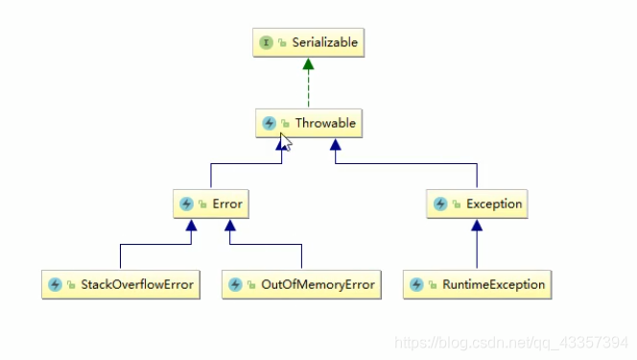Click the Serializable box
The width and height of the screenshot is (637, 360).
point(308,43)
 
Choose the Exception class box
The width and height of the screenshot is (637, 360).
point(477,204)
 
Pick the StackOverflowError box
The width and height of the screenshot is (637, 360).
point(120,284)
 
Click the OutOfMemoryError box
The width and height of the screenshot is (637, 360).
point(300,284)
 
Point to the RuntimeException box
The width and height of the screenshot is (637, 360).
point(477,284)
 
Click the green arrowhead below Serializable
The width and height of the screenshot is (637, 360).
point(308,64)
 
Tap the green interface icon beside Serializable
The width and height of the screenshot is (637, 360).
point(267,43)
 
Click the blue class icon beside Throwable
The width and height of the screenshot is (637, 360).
point(270,123)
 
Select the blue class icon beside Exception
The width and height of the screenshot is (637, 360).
point(440,204)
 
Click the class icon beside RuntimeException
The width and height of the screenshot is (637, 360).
point(416,284)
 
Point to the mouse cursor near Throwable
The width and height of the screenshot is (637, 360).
point(286,144)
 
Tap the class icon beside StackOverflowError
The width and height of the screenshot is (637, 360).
point(55,284)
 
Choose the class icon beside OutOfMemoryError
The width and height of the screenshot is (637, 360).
point(235,284)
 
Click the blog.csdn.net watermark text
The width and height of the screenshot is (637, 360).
point(513,342)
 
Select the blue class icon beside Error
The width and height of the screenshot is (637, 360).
point(186,204)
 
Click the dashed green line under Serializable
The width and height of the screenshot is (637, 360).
point(308,89)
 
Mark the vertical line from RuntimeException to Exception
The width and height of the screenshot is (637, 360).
point(477,252)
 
